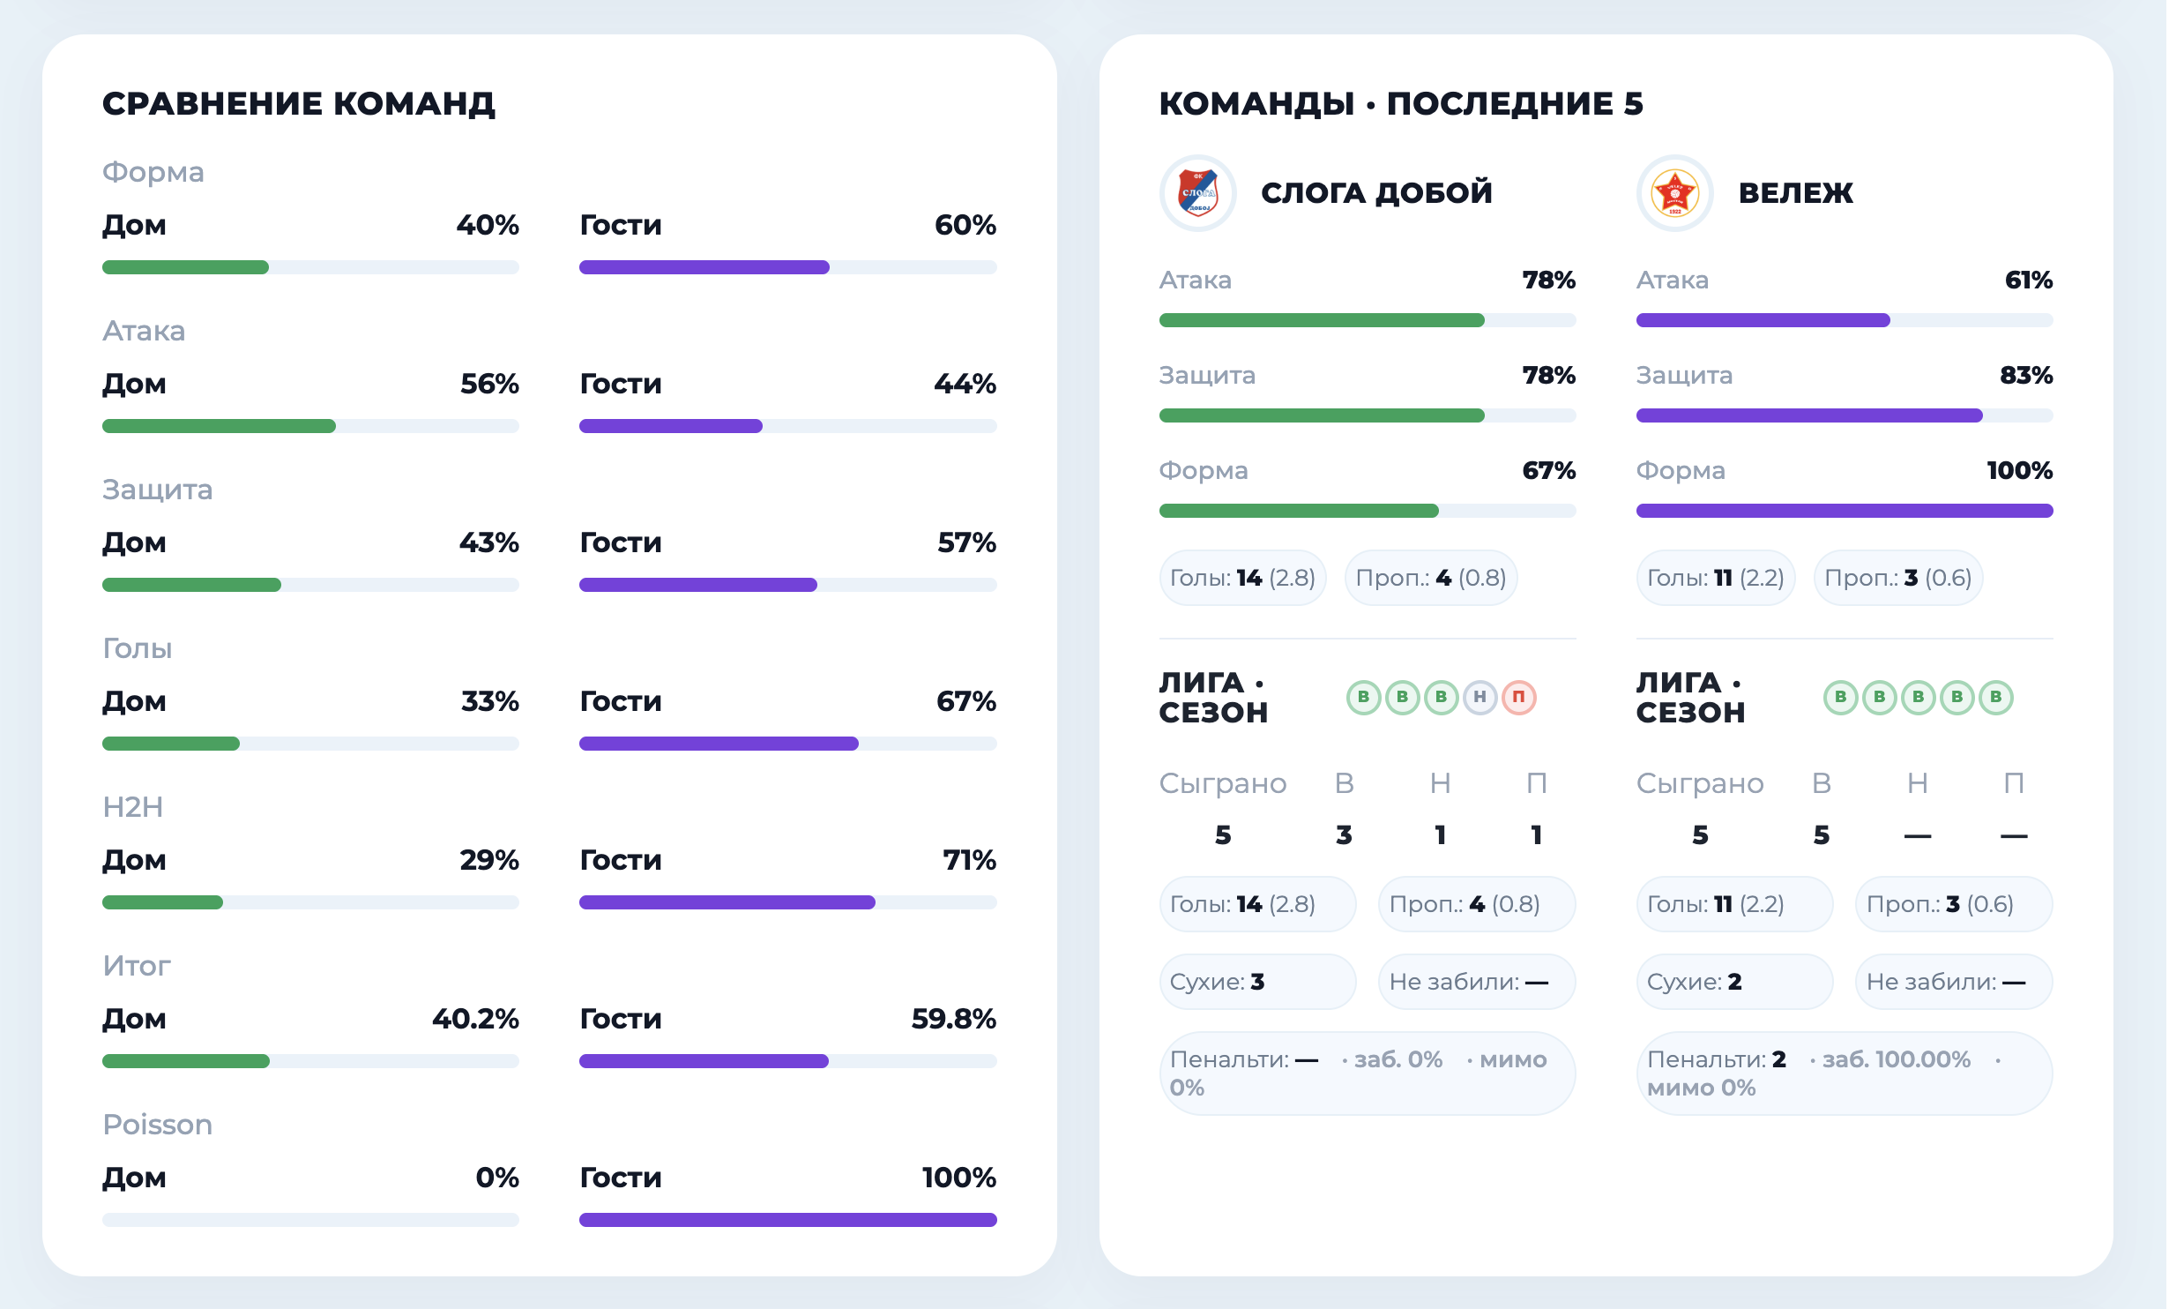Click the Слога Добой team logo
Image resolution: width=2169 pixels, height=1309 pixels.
[1197, 193]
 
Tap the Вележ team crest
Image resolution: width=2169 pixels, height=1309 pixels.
[1674, 193]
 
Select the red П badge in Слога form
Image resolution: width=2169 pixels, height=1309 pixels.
[1518, 698]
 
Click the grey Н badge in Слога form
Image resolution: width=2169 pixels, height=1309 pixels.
[1480, 698]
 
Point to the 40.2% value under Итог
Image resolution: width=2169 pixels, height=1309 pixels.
[475, 1019]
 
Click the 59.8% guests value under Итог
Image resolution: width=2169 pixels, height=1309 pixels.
[953, 1019]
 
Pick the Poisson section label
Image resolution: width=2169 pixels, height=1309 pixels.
[158, 1125]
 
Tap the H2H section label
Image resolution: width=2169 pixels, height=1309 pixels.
[133, 807]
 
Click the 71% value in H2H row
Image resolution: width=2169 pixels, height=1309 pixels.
[969, 860]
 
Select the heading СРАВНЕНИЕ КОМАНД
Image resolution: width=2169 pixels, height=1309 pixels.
[299, 104]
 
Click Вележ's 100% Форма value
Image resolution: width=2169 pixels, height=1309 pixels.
[2019, 470]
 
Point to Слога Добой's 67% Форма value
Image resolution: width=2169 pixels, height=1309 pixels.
[1548, 470]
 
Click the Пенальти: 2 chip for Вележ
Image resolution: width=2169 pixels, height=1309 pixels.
[1844, 1073]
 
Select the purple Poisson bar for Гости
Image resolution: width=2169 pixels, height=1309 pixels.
[787, 1220]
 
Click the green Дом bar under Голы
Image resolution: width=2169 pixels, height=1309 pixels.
[171, 744]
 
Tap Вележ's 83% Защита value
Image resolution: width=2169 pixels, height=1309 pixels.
[2025, 375]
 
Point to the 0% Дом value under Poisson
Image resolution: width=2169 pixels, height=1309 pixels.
[496, 1178]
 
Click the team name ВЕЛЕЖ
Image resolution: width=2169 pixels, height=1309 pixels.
[1795, 193]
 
